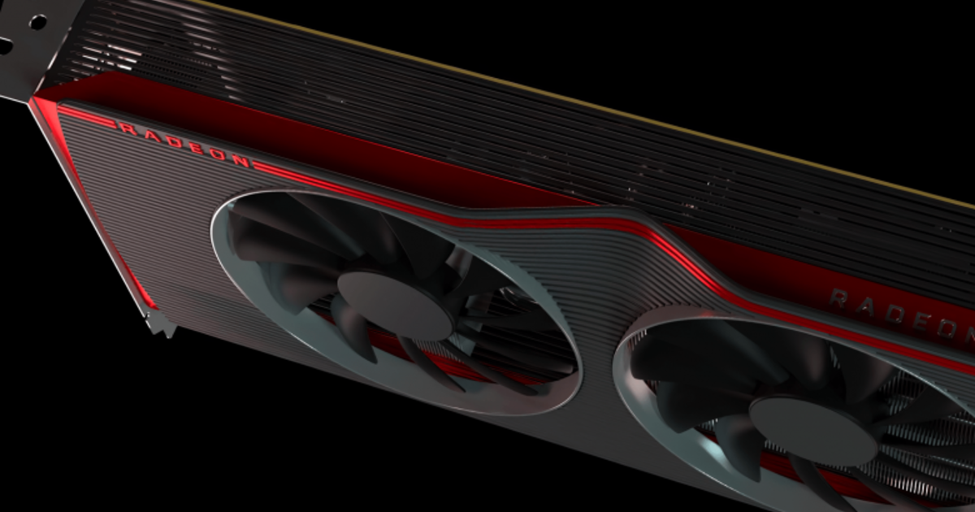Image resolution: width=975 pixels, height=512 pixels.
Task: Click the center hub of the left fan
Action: coord(393,304)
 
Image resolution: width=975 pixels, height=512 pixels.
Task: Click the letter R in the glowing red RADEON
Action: coord(126,128)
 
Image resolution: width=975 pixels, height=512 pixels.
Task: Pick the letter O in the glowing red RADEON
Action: coord(218,155)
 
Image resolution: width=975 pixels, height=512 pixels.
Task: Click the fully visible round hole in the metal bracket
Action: coord(37,22)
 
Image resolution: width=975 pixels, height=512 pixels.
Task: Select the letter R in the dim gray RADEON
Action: coord(840,299)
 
